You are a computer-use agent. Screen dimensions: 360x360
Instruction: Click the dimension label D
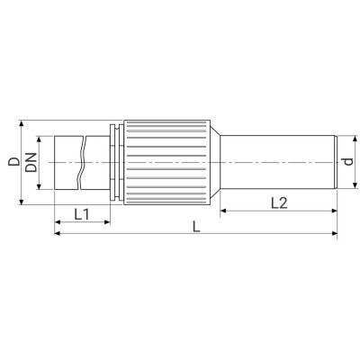[13, 163]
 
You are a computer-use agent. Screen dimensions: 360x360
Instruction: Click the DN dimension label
[31, 163]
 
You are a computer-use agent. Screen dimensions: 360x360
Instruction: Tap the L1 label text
[80, 214]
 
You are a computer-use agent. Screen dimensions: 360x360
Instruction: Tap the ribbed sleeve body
[166, 162]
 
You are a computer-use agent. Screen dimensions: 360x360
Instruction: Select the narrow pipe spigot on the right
[279, 162]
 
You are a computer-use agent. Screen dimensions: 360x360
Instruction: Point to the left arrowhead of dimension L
[58, 235]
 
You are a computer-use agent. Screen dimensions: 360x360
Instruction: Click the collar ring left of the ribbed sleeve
[113, 162]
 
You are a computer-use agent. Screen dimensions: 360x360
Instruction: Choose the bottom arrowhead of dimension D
[21, 203]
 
